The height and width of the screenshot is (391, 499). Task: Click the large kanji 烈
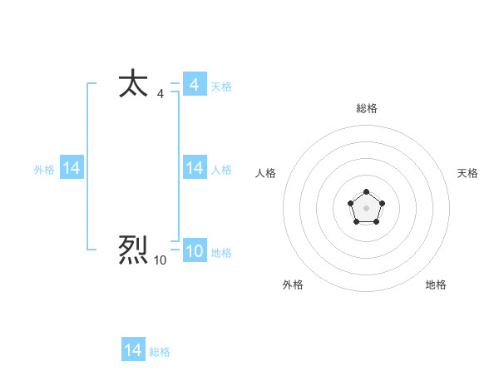[133, 250]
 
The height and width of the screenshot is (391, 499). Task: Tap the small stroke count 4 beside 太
[160, 94]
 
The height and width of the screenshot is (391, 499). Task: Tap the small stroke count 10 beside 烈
[160, 260]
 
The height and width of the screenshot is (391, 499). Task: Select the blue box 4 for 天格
[195, 85]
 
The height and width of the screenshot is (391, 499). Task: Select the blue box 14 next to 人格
[195, 168]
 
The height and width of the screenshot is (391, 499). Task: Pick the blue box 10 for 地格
[195, 251]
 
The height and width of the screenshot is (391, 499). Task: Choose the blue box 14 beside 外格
[72, 168]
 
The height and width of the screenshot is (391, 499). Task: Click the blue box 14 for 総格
[133, 350]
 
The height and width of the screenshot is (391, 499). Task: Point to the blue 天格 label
[221, 87]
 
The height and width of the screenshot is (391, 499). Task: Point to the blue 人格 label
[221, 170]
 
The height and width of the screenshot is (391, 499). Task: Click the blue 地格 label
[221, 253]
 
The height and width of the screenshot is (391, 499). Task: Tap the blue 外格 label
[44, 170]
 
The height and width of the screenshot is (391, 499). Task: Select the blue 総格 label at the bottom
[160, 352]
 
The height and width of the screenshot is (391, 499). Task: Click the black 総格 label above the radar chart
[366, 108]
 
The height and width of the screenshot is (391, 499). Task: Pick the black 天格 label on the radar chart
[468, 173]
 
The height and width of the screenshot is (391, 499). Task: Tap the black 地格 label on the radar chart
[436, 285]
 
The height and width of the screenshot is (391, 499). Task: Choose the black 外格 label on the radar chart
[293, 285]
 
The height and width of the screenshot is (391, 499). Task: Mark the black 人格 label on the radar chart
[266, 173]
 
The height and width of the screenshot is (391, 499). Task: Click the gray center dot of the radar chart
[366, 207]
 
